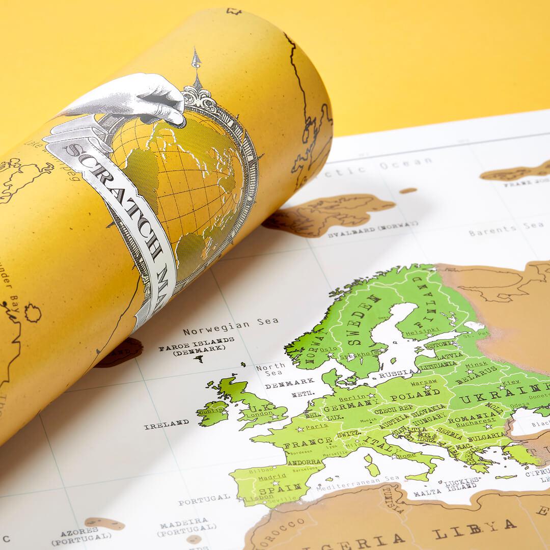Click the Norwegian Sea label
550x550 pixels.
click(231, 326)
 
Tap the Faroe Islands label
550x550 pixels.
click(196, 344)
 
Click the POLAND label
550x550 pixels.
click(408, 395)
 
